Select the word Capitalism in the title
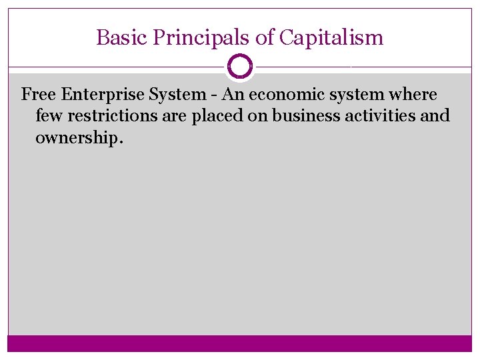coord(331,37)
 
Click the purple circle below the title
coord(240,67)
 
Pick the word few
coord(49,116)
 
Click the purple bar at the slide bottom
coord(240,343)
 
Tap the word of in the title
coord(265,37)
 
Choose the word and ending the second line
coord(436,116)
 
